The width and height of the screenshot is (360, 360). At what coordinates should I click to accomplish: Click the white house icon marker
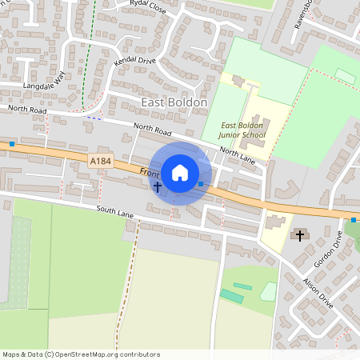180,173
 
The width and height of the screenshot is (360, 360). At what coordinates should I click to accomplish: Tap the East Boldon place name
174,102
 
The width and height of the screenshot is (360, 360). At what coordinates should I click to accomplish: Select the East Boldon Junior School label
244,130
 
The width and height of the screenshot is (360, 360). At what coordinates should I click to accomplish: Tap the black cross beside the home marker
158,187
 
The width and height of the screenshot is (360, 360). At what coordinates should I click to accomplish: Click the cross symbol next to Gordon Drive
300,235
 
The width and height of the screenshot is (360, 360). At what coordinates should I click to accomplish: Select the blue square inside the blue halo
200,184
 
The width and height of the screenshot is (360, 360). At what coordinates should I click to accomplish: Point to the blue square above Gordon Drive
353,220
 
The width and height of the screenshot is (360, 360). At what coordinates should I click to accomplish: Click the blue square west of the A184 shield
12,144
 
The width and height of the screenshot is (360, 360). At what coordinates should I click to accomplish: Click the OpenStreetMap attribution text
81,354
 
